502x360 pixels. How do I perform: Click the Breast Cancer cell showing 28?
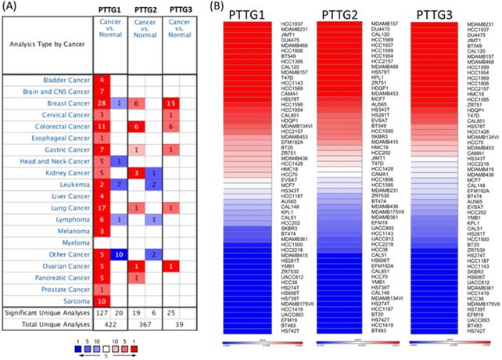pyautogui.click(x=101, y=103)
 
